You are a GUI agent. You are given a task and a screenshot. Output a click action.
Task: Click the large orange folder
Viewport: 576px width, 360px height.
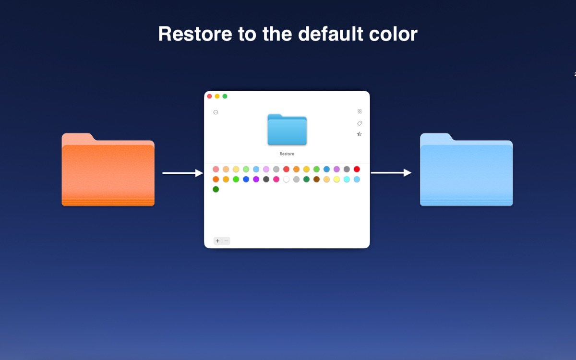click(x=108, y=173)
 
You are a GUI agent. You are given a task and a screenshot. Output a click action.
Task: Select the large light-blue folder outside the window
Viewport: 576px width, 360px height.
click(x=466, y=173)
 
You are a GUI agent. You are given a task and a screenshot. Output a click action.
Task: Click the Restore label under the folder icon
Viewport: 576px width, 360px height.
click(x=287, y=154)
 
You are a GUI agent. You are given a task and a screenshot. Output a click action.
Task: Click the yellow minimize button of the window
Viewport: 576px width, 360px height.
click(x=217, y=96)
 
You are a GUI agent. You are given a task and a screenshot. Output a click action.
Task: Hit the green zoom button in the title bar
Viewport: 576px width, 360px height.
click(x=225, y=96)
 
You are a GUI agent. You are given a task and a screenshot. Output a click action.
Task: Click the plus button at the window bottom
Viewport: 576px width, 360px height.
click(x=217, y=241)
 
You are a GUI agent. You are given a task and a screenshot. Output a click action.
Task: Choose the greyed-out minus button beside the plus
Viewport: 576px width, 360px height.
click(x=226, y=241)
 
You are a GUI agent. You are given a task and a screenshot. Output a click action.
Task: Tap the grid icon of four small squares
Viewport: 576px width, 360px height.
click(x=360, y=111)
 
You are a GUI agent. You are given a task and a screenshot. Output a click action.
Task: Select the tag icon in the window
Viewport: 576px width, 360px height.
click(x=360, y=123)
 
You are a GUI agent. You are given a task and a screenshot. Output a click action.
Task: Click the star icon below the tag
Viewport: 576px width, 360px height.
click(x=360, y=134)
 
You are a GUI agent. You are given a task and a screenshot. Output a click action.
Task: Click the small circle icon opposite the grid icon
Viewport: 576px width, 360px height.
click(x=216, y=112)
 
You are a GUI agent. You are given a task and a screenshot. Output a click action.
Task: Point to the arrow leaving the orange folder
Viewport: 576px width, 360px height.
click(x=182, y=173)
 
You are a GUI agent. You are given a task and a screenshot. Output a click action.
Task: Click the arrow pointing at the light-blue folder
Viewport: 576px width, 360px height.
click(x=391, y=173)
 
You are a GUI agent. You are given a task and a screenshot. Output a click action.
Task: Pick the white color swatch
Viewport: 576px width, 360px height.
click(x=286, y=180)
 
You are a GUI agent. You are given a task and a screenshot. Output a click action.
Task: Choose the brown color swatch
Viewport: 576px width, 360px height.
click(x=316, y=180)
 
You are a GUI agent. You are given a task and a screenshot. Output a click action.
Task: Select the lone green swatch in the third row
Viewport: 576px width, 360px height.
click(x=216, y=190)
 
